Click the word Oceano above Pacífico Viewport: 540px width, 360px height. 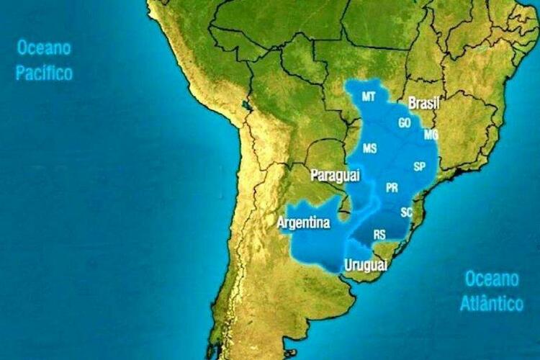point(44,48)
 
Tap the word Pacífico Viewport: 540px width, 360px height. point(44,73)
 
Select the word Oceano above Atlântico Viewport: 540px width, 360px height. point(491,279)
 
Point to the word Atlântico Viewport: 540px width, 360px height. point(491,303)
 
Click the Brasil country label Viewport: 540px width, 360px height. point(423,104)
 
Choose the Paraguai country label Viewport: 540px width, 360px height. point(335,175)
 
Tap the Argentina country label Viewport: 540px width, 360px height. point(304,223)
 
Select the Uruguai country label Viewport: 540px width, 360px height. point(366,265)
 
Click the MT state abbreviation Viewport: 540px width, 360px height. point(369,96)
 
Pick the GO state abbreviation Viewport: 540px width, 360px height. point(405,123)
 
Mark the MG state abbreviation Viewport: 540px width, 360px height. point(431,135)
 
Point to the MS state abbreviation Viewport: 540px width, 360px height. point(369,149)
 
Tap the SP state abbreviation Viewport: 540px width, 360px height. point(420,166)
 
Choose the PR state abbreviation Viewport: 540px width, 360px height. point(392,188)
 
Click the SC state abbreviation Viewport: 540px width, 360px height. point(407,212)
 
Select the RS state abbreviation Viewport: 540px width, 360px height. point(379,234)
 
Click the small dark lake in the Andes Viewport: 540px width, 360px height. point(248,106)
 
